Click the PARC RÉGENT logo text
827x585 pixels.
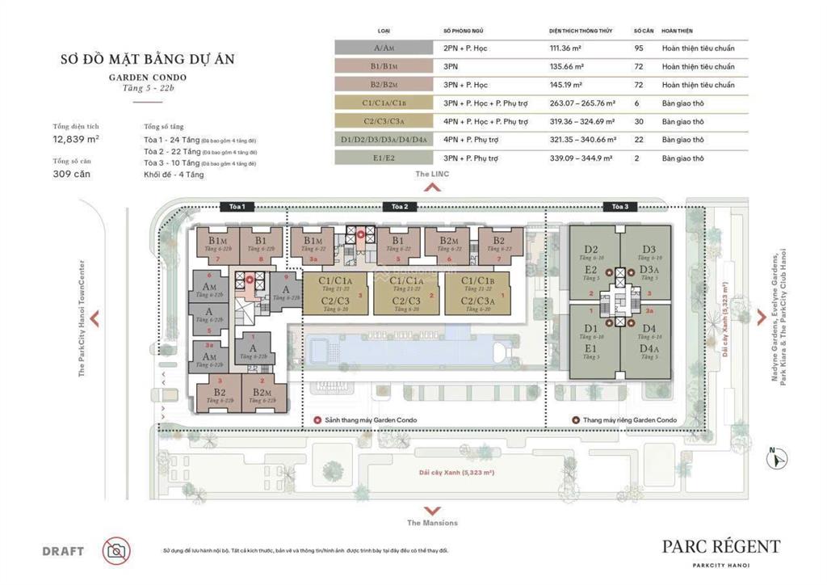[x=721, y=546]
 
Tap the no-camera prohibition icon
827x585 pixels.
[x=116, y=551]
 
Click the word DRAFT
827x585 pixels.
[x=63, y=552]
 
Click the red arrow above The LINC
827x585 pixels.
[x=432, y=188]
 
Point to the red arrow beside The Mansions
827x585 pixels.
[x=432, y=510]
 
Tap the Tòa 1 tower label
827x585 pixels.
[x=237, y=207]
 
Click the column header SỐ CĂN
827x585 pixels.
[x=643, y=31]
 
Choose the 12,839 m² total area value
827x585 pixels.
[x=76, y=139]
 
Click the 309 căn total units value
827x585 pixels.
[x=70, y=173]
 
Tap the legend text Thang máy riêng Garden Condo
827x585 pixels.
[x=629, y=420]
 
